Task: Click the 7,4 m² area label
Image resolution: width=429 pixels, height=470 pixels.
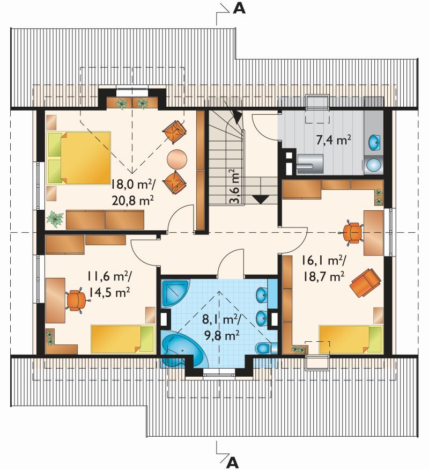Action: [x=334, y=139]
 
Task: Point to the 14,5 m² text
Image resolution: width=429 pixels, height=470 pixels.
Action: [x=109, y=292]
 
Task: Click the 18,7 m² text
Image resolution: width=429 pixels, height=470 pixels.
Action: [x=323, y=276]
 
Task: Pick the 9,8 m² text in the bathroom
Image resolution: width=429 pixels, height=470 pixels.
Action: [x=221, y=335]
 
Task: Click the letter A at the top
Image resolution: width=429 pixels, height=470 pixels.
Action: [x=239, y=9]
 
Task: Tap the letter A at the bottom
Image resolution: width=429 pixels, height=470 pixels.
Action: [x=233, y=463]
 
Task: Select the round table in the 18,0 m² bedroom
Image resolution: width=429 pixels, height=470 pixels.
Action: [x=177, y=159]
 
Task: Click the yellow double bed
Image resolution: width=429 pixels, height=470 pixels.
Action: [x=79, y=157]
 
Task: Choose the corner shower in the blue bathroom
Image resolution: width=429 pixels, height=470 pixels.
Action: [x=175, y=293]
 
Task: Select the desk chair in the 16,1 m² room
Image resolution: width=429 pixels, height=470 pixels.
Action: [x=352, y=233]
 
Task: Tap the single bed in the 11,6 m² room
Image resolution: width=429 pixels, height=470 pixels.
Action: [x=123, y=339]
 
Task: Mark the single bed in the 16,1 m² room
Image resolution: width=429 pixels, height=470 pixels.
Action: [x=351, y=339]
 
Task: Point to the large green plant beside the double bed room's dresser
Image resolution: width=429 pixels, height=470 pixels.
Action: [x=55, y=218]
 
